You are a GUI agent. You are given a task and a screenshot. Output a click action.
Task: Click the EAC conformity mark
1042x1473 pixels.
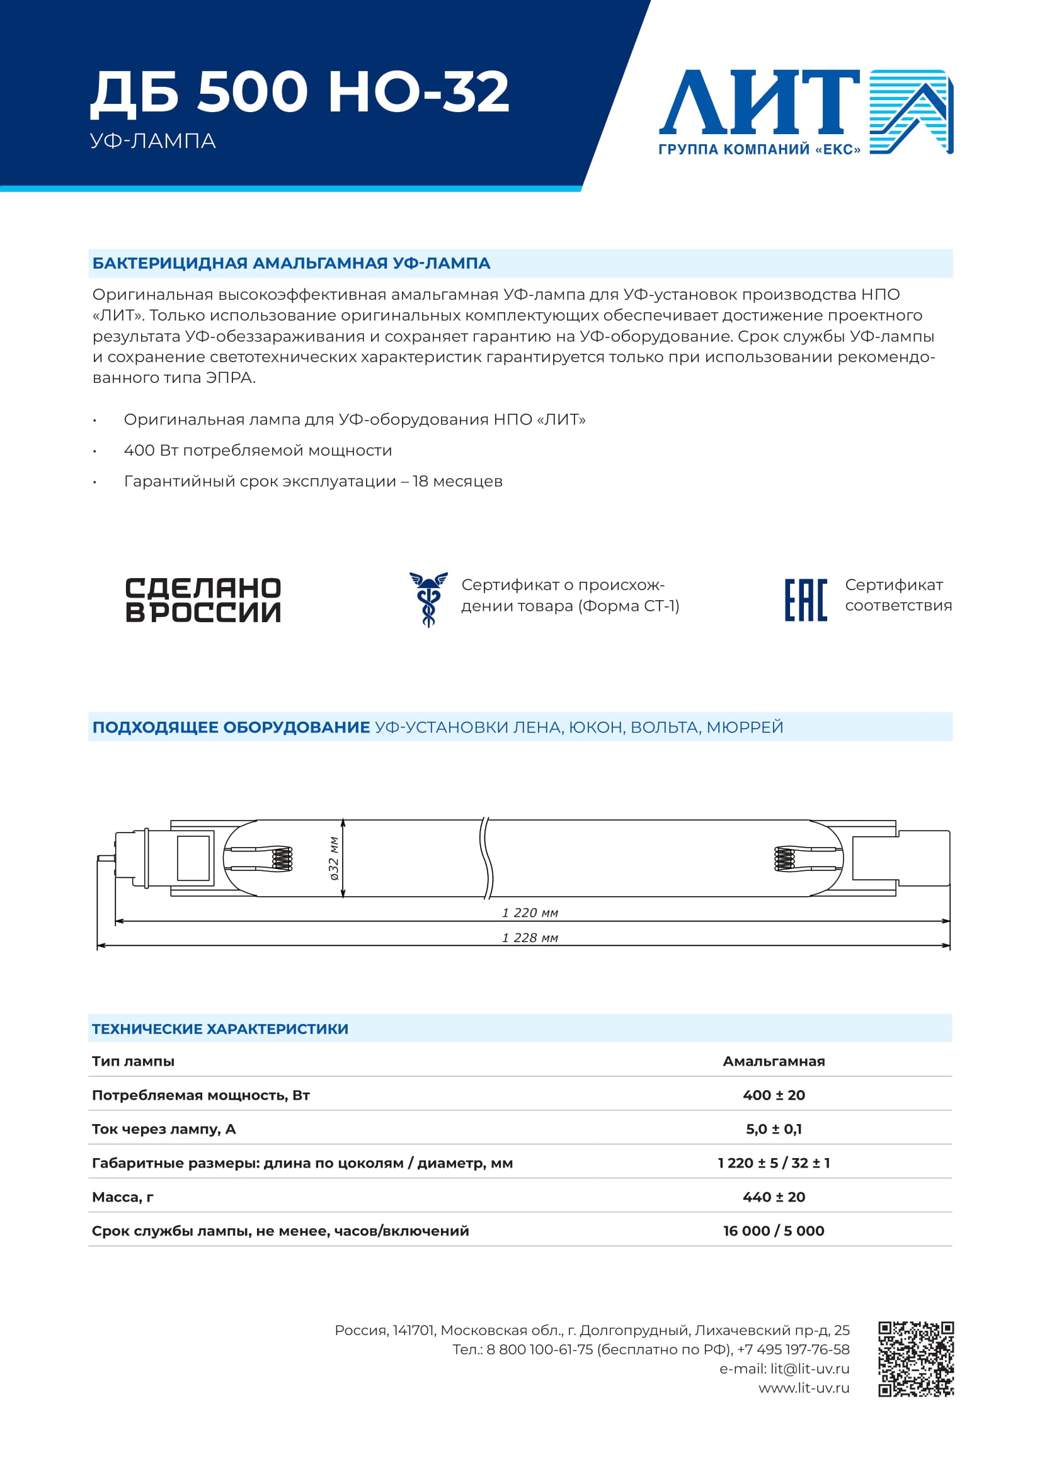click(805, 600)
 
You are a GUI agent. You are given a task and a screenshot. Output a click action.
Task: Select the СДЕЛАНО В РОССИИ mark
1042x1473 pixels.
click(203, 600)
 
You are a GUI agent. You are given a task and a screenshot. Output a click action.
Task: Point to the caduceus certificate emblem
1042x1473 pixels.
click(428, 599)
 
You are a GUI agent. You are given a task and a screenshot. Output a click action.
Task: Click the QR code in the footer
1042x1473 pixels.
click(915, 1359)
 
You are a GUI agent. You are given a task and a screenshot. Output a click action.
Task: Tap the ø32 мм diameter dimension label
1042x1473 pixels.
click(334, 858)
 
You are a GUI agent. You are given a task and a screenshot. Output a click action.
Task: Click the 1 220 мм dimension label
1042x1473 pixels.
click(530, 913)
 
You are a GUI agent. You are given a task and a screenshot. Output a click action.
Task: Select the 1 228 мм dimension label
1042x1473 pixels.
click(530, 938)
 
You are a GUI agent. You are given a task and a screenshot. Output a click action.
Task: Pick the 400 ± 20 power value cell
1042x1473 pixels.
click(774, 1095)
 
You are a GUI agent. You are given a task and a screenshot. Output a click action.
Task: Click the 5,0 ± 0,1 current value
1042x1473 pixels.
click(774, 1129)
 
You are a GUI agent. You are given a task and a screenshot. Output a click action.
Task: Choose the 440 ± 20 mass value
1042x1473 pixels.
click(774, 1197)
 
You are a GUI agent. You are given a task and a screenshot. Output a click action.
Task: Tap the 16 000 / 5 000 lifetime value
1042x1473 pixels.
click(774, 1231)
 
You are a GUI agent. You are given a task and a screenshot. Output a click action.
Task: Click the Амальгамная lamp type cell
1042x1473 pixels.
click(774, 1061)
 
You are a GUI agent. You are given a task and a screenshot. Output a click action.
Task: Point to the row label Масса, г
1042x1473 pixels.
click(123, 1197)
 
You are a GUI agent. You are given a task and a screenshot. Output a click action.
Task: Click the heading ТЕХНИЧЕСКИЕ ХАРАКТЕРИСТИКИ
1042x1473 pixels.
click(220, 1029)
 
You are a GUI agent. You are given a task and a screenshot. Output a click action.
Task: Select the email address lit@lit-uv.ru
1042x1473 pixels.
click(810, 1368)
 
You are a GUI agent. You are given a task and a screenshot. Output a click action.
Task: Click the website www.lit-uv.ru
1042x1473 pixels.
click(804, 1388)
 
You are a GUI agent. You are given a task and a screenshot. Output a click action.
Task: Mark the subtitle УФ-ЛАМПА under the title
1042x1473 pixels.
click(152, 141)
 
